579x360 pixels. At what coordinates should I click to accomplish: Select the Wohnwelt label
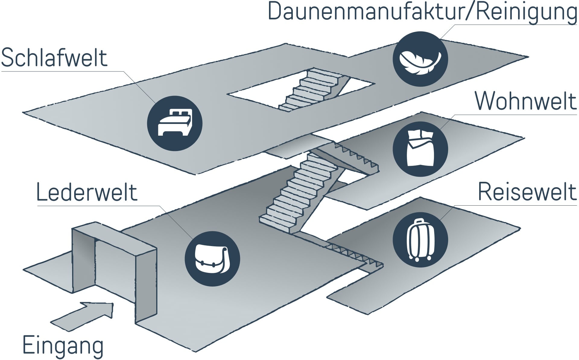tap(526, 101)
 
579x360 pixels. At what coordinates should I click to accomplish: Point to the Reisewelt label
tap(527, 192)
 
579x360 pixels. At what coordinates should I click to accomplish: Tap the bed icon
tap(175, 123)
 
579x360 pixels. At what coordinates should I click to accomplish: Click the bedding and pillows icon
tap(420, 149)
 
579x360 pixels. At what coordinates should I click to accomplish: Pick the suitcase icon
tap(420, 240)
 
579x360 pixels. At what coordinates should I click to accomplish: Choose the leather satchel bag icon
tap(212, 258)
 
